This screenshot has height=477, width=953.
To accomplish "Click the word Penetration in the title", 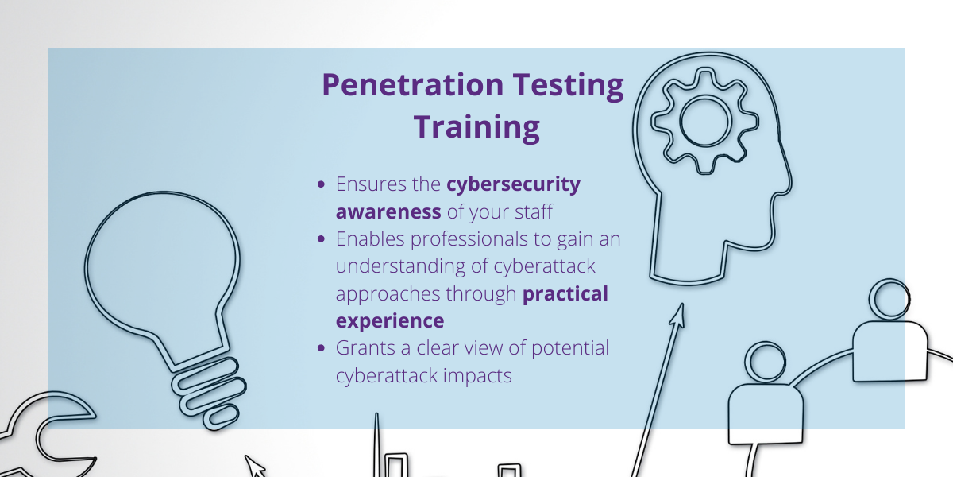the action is tap(413, 85).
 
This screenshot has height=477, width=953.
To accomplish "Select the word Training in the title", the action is tap(477, 128).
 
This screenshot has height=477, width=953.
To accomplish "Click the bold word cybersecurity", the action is tap(514, 184).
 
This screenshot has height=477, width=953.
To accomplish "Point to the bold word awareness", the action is tap(388, 211).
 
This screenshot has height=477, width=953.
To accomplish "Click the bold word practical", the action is tap(565, 294).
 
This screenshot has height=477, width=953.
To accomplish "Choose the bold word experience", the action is tap(390, 321).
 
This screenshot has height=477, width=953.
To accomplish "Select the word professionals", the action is tap(469, 239).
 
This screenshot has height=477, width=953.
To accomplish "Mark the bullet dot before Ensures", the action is tap(321, 184).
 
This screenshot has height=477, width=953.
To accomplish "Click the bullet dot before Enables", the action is tap(321, 239).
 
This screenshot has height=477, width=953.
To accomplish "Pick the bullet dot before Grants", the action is tap(321, 348).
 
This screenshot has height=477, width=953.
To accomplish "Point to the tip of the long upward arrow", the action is tap(682, 304).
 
